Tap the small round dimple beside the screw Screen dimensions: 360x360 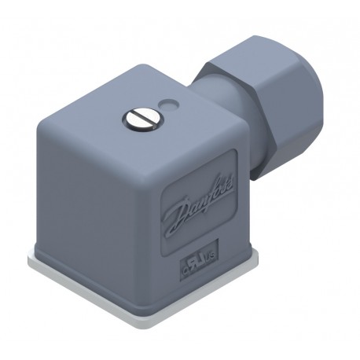pyautogui.click(x=167, y=103)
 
